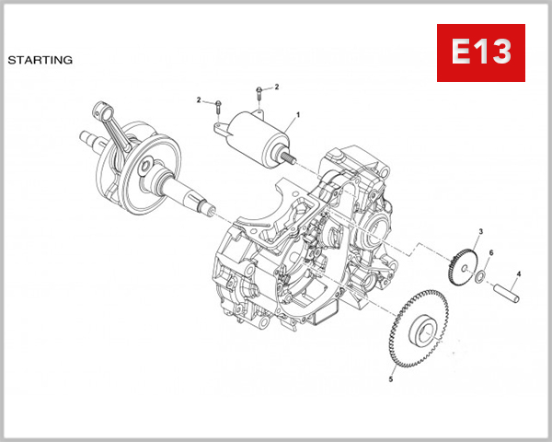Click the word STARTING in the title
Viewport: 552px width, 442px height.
[40, 61]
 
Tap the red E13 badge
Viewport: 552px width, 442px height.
[480, 52]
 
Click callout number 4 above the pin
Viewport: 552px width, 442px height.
[518, 273]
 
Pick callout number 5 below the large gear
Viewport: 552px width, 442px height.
[390, 378]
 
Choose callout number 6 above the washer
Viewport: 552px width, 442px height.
[490, 253]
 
